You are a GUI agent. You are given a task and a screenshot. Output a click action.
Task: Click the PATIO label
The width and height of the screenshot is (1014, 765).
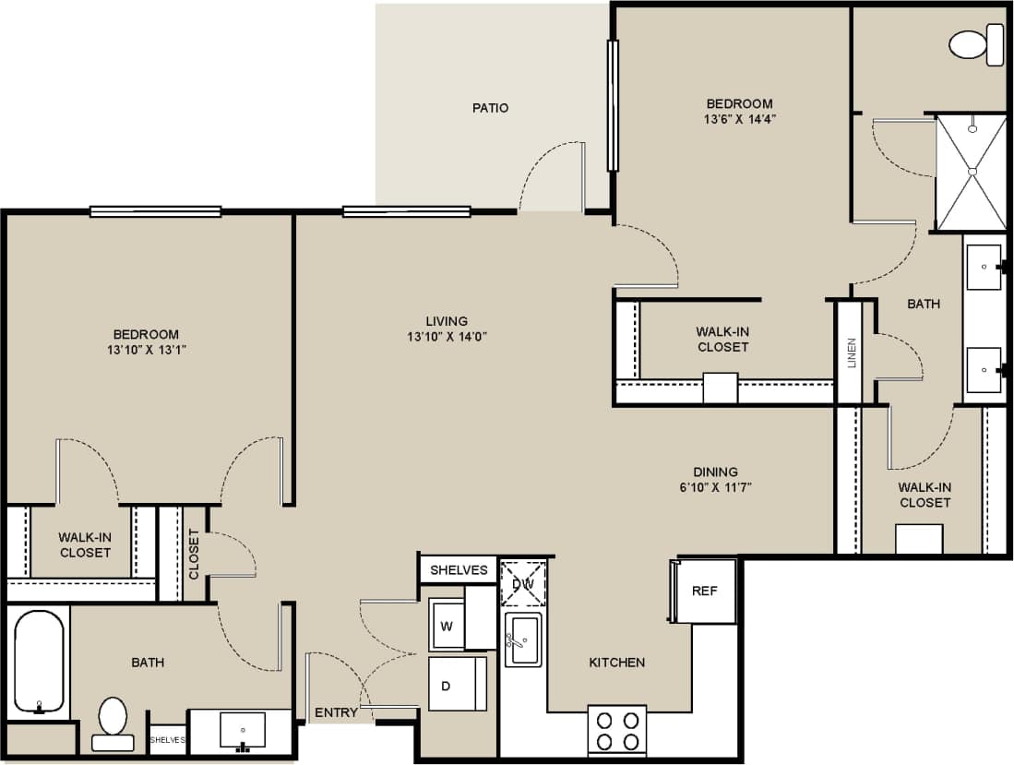pos(490,108)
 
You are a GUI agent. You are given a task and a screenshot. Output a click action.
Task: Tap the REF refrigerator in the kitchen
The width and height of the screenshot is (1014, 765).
pos(705,591)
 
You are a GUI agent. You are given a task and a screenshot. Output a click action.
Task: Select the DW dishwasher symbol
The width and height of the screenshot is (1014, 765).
pos(523,582)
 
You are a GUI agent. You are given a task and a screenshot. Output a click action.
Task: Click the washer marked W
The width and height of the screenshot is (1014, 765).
pos(447,626)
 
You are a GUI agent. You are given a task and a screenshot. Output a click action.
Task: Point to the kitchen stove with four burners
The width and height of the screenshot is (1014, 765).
pos(617,730)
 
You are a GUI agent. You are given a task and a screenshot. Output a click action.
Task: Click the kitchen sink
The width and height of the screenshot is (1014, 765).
pos(523,638)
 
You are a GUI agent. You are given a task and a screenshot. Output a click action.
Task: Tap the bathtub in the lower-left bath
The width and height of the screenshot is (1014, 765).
pos(39,662)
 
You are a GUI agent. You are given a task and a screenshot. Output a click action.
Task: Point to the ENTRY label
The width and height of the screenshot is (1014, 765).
pos(336,712)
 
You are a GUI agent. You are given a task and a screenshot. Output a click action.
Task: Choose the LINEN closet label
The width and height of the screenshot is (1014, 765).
pos(851,352)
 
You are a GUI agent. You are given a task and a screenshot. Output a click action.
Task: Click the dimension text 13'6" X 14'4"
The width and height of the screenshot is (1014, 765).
pos(740,118)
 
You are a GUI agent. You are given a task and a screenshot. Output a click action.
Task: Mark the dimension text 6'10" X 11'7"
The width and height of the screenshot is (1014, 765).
pos(716,487)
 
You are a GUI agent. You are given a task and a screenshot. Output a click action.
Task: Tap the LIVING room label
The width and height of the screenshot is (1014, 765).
pos(447,321)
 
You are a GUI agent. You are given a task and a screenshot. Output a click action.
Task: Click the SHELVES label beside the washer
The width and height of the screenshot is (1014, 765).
pos(459,569)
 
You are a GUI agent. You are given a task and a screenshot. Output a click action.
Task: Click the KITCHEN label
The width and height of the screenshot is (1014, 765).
pos(617,662)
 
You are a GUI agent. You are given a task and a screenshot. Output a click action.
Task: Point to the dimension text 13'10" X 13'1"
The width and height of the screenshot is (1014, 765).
pos(146,349)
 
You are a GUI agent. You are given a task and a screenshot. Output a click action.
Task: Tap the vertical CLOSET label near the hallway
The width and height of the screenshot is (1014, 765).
pos(194,554)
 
